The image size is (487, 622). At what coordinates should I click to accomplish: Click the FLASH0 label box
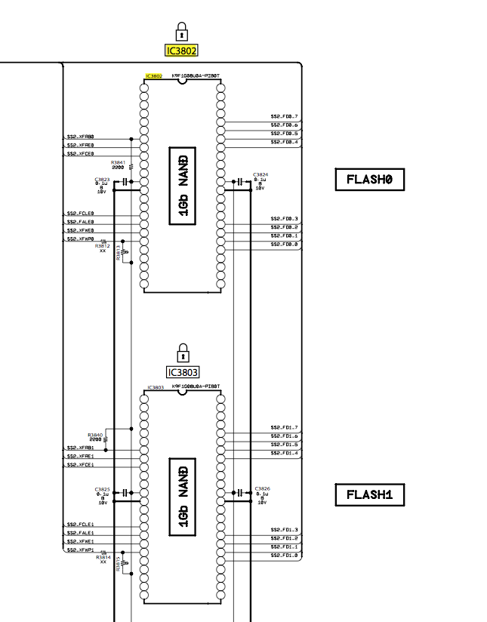tap(370, 180)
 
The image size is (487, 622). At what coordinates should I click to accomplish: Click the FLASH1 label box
tap(370, 495)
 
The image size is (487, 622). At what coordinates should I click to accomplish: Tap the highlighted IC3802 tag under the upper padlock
tap(182, 51)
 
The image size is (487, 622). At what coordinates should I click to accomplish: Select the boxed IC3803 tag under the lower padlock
tap(182, 372)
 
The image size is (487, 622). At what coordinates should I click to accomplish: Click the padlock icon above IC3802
tap(182, 31)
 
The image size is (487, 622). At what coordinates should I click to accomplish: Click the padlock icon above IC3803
tap(182, 353)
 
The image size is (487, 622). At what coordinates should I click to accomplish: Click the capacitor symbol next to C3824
tap(239, 182)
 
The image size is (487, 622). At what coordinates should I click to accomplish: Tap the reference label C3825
tap(103, 489)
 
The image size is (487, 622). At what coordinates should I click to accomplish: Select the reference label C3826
tap(262, 488)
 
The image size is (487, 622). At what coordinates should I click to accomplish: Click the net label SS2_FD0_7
tap(284, 116)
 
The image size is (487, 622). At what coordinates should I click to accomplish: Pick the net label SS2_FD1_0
tap(284, 556)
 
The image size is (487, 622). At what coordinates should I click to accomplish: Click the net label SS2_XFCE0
tap(81, 153)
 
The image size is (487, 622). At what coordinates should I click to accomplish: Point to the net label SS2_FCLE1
tap(81, 524)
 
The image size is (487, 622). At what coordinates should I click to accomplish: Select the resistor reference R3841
tap(118, 162)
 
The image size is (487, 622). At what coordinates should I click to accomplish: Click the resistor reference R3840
tap(95, 435)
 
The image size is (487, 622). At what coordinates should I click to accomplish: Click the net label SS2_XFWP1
tap(81, 550)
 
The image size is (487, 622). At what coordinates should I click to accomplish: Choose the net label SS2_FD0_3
tap(284, 218)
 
